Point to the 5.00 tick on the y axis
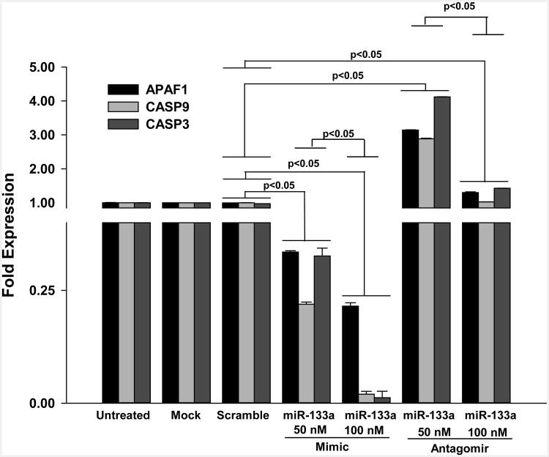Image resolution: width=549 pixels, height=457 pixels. (x=59, y=67)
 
